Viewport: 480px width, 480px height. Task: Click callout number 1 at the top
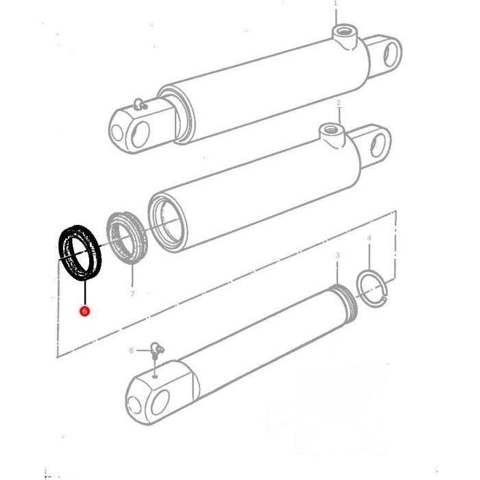coord(335,3)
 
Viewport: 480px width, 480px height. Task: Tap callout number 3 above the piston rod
coord(337,255)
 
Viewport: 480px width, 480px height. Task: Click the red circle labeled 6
coord(84,311)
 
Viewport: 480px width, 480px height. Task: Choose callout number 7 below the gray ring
coord(132,294)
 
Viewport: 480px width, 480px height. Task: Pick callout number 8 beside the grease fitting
coord(131,350)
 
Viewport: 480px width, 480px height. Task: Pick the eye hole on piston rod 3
coord(158,400)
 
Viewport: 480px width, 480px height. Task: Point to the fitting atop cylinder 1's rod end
coord(141,104)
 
